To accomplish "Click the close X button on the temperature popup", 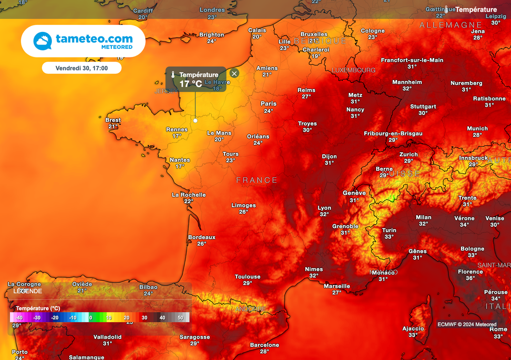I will click(x=235, y=73).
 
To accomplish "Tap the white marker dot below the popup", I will click(x=195, y=120).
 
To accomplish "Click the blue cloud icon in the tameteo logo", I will click(x=42, y=41).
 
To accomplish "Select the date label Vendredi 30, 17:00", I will click(x=81, y=67).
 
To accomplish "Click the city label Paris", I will click(x=268, y=104).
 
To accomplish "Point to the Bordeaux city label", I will click(x=202, y=237).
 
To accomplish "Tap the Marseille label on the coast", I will click(x=336, y=286).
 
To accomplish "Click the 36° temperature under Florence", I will click(x=470, y=279).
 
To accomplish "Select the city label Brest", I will click(x=113, y=120).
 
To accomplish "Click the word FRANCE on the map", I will click(x=256, y=180).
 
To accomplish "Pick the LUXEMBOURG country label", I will click(x=353, y=70).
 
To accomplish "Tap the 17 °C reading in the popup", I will click(x=191, y=84).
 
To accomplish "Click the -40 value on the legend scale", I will click(x=19, y=318).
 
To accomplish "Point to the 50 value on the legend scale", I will click(x=180, y=318).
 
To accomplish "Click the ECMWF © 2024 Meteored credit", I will click(x=467, y=325).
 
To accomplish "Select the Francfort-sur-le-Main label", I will click(x=412, y=60).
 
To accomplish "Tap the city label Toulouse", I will click(x=248, y=277).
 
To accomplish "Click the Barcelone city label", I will click(x=264, y=345).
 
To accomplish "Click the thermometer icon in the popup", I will click(x=172, y=79).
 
